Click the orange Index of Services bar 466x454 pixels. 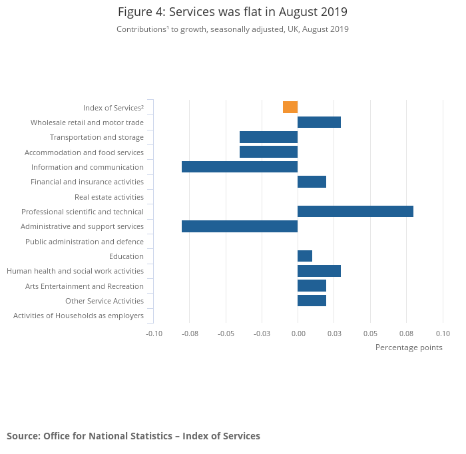[290, 107]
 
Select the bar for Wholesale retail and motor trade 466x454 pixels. [319, 122]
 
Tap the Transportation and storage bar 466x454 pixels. [268, 137]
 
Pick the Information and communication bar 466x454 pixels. [240, 166]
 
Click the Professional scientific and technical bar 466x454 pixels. [355, 212]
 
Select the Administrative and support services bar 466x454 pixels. [240, 226]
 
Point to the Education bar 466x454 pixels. [305, 256]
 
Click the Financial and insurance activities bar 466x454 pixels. [312, 182]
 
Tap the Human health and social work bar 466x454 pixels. [319, 271]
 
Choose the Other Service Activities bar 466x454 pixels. [312, 301]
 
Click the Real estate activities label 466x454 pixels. [109, 197]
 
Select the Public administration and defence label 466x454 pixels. [85, 242]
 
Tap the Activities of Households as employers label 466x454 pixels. [79, 316]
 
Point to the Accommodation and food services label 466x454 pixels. [84, 152]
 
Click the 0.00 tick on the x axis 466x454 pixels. [298, 334]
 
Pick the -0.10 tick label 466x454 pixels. [154, 334]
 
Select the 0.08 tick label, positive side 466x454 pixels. [406, 334]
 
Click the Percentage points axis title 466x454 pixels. [409, 347]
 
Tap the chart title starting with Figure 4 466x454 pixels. [232, 12]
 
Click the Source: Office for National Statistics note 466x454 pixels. [133, 436]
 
